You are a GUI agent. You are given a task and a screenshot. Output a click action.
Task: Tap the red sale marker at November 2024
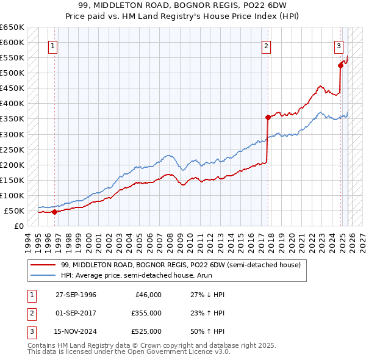coord(340,65)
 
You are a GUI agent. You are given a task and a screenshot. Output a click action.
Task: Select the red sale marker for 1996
coord(54,212)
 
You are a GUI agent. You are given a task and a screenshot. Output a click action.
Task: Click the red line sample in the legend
coord(43,265)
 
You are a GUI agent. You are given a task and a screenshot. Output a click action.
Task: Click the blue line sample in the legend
coord(43,275)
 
